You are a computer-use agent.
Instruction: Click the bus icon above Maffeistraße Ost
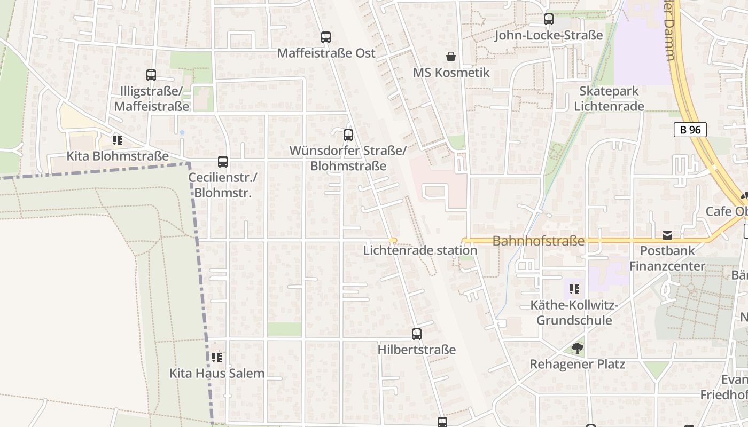point(326,37)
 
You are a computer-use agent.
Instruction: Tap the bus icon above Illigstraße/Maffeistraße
point(151,75)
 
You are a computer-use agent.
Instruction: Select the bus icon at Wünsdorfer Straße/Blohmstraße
point(348,135)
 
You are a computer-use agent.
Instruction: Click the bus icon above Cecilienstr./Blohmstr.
point(223,162)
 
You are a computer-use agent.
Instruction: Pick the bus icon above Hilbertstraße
point(417,334)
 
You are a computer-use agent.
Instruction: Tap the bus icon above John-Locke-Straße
point(549,19)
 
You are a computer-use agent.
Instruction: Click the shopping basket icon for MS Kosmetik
point(451,57)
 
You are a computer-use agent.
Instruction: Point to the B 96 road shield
point(690,130)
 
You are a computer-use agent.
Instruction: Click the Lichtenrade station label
point(420,250)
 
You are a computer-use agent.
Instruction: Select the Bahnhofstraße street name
point(538,241)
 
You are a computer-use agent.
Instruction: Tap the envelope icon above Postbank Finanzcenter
point(667,235)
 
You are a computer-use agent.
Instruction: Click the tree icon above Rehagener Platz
point(577,349)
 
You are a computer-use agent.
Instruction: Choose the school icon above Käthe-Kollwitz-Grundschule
point(574,289)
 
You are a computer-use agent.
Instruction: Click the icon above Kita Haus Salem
point(216,357)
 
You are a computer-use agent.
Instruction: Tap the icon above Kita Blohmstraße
point(117,140)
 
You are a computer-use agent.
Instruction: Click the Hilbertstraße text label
point(417,350)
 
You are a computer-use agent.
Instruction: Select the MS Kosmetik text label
point(451,73)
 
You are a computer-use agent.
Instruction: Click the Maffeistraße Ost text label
point(326,53)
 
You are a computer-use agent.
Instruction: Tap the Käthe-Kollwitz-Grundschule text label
point(574,313)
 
